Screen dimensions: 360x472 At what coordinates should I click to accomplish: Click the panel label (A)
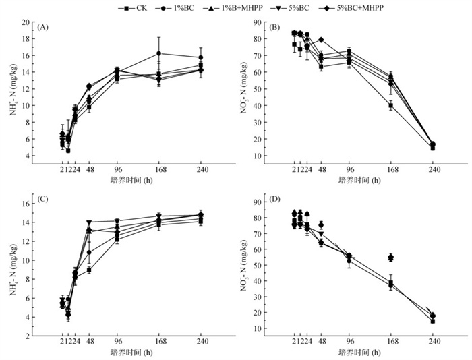(43, 28)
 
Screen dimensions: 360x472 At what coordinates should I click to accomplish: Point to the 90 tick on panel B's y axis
(257, 22)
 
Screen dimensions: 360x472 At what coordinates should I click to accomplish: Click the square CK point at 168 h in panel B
(391, 105)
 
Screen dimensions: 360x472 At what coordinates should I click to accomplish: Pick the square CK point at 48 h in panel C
(89, 270)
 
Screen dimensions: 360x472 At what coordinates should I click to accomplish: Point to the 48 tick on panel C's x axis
(89, 342)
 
